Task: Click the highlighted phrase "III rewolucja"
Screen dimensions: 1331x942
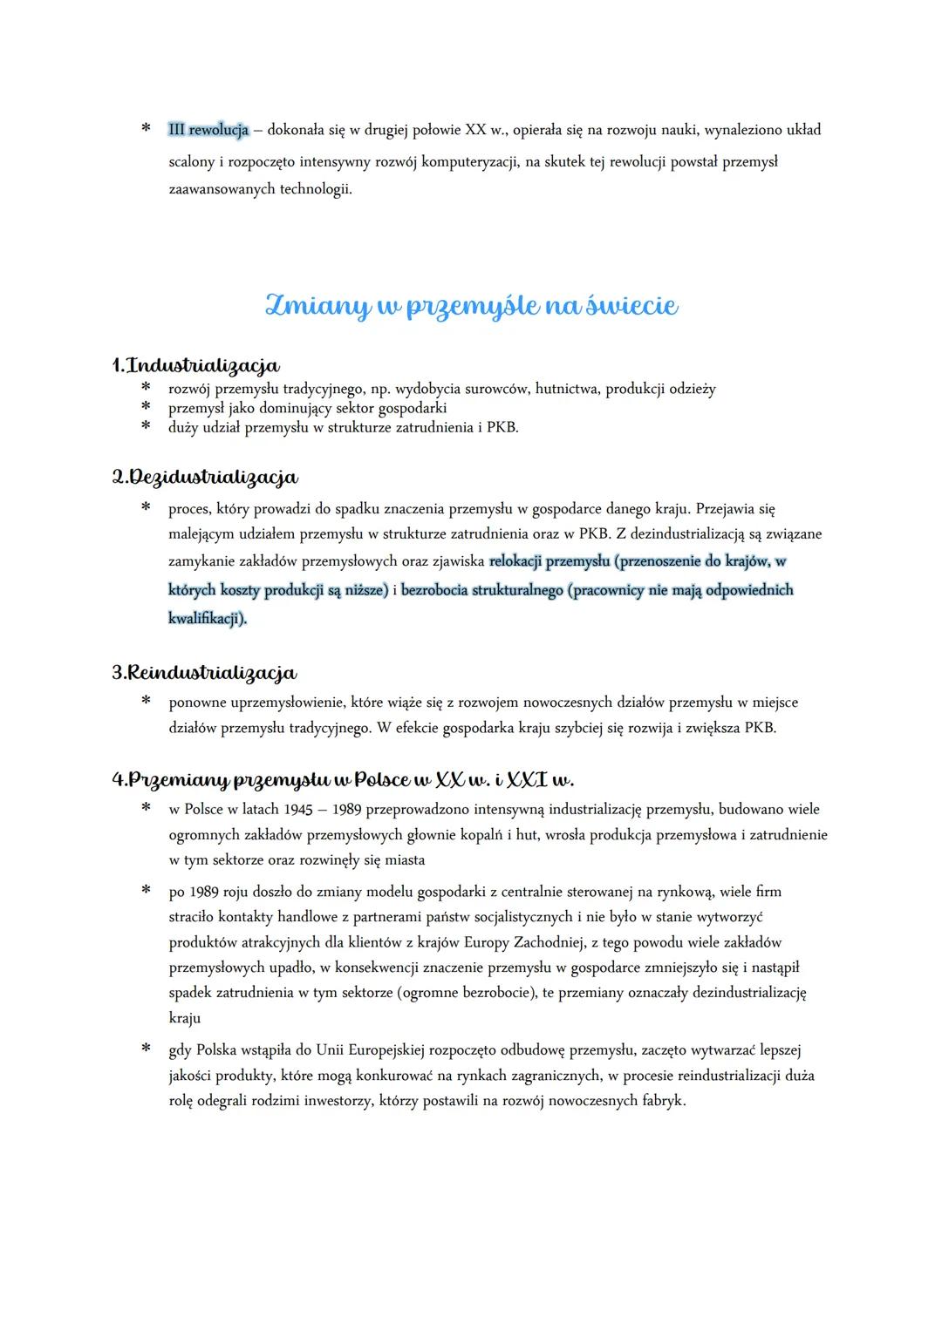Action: [208, 130]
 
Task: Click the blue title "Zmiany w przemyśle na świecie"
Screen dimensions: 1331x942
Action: [471, 305]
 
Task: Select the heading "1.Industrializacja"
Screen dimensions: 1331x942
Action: [196, 364]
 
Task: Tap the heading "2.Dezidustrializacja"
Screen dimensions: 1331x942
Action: [205, 477]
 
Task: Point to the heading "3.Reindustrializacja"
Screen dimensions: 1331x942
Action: [205, 672]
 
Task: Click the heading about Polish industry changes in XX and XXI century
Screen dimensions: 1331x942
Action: [343, 778]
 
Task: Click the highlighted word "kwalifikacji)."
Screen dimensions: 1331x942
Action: [208, 618]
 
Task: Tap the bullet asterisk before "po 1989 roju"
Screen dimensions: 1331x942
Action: [146, 890]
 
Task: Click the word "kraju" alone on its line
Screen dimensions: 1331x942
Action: [185, 1017]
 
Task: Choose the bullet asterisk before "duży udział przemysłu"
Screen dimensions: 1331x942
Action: [146, 426]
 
